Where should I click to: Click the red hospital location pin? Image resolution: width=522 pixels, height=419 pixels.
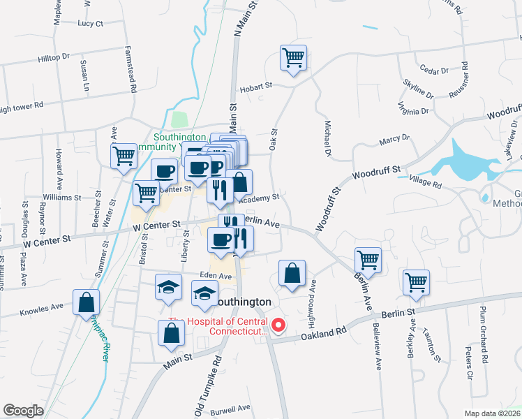pyautogui.click(x=279, y=325)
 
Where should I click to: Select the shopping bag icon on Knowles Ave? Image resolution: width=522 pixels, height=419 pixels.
pyautogui.click(x=86, y=302)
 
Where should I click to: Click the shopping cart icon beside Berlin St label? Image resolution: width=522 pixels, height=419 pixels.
pyautogui.click(x=416, y=283)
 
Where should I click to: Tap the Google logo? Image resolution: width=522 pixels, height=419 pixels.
pyautogui.click(x=23, y=411)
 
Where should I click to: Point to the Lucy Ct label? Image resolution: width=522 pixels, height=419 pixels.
pyautogui.click(x=91, y=23)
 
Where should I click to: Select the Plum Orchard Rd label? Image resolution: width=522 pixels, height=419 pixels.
pyautogui.click(x=483, y=335)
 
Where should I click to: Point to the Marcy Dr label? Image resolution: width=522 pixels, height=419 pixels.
pyautogui.click(x=394, y=140)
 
